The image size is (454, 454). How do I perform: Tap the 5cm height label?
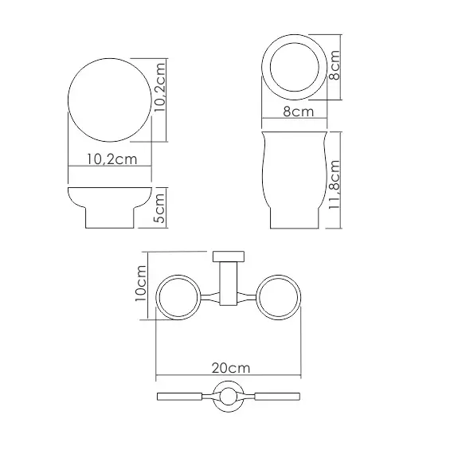[x=160, y=209]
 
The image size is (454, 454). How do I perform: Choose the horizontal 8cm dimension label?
[x=297, y=112]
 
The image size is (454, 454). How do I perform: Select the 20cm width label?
[x=231, y=368]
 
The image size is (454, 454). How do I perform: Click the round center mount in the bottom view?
[x=229, y=397]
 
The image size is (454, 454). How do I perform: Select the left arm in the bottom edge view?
[x=185, y=397]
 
